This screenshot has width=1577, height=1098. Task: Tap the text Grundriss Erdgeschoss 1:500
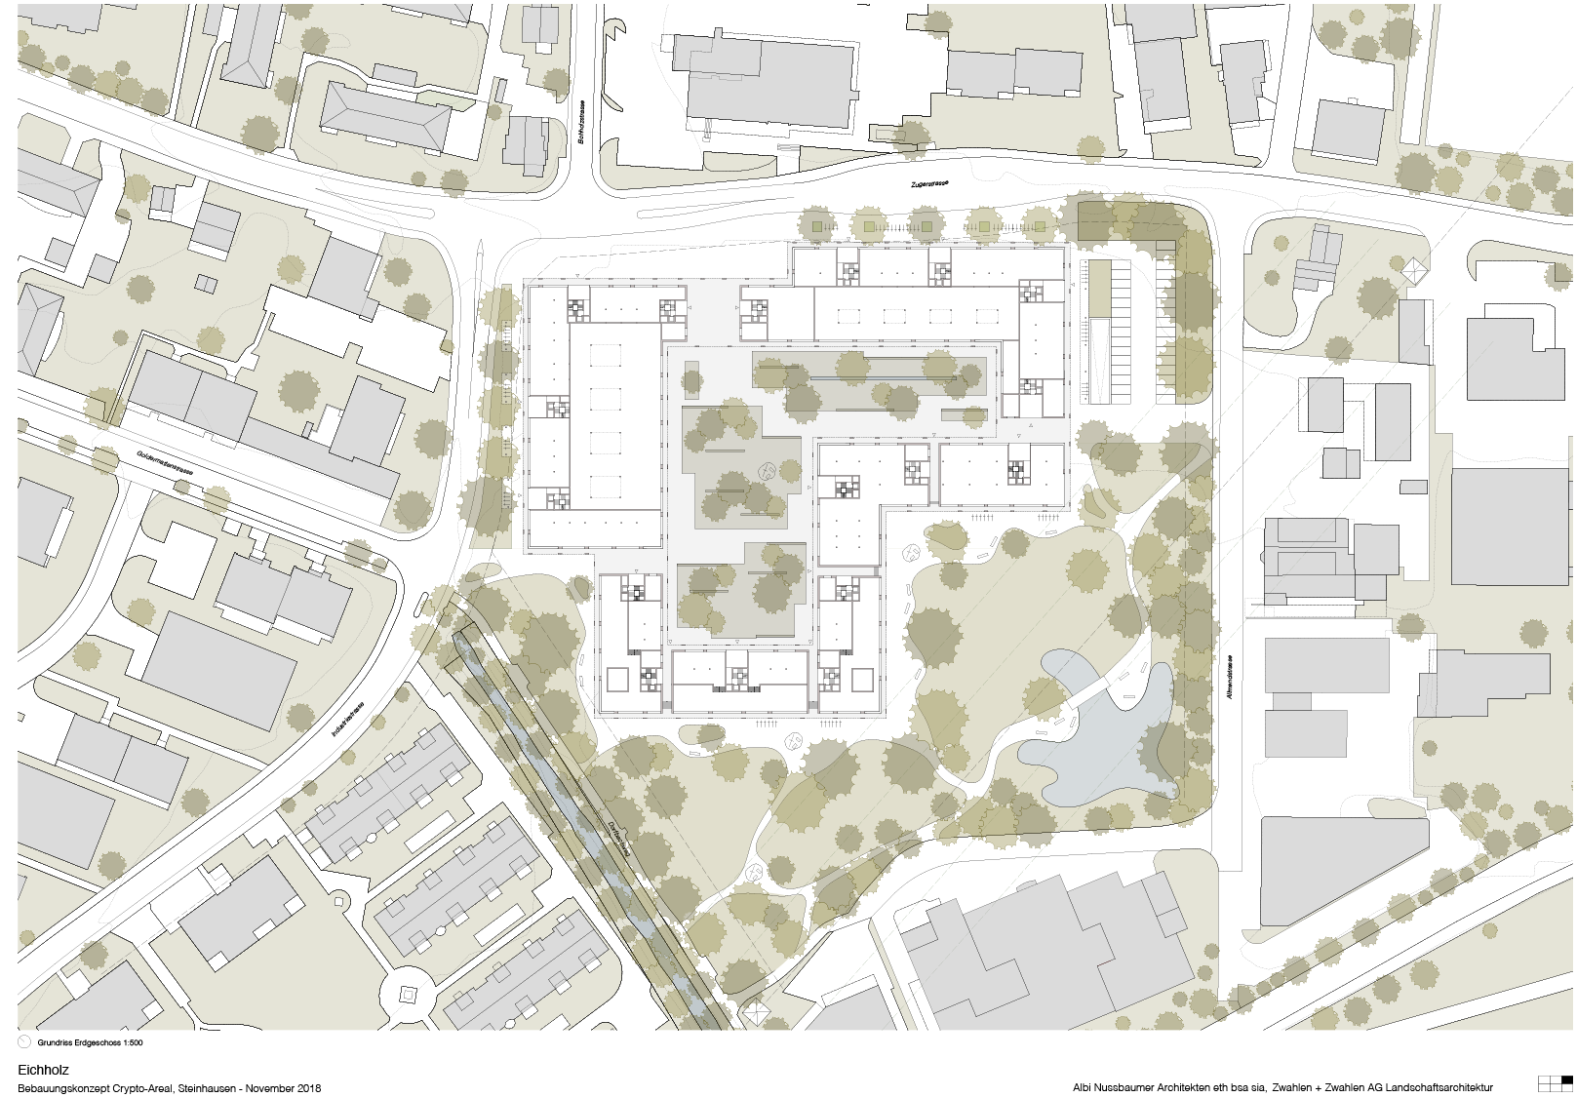point(91,1042)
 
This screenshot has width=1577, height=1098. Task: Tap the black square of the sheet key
point(1566,1079)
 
